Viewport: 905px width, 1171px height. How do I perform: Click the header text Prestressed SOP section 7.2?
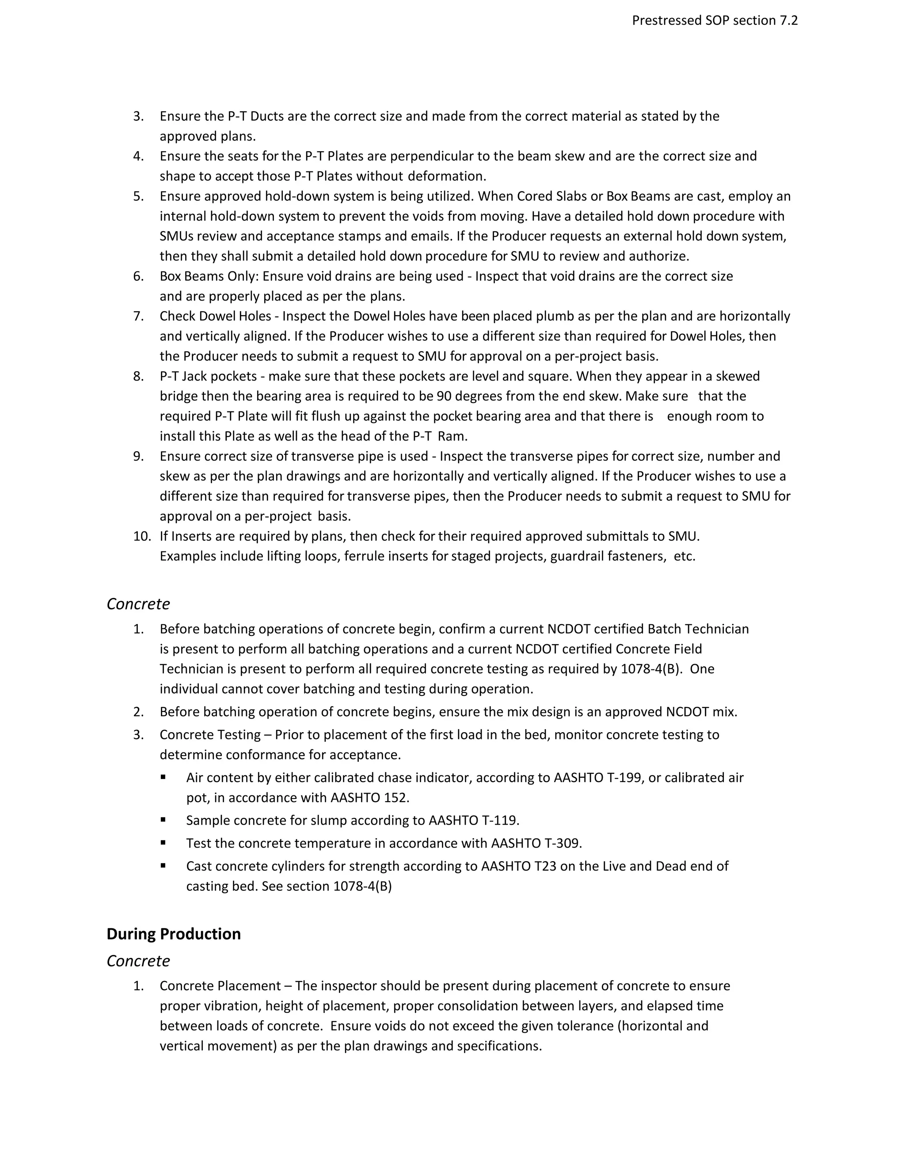[715, 20]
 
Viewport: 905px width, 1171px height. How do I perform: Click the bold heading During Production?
[173, 933]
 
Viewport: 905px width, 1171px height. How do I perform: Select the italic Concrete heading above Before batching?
[138, 604]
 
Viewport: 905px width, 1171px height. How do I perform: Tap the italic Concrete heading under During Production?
[138, 960]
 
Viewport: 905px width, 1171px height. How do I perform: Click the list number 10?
[142, 536]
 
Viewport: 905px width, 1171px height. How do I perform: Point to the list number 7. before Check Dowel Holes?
[138, 316]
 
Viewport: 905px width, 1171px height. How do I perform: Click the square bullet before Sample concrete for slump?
[163, 819]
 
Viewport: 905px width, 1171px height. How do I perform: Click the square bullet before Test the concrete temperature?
[163, 842]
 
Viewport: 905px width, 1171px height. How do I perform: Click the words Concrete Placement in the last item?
[220, 985]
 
